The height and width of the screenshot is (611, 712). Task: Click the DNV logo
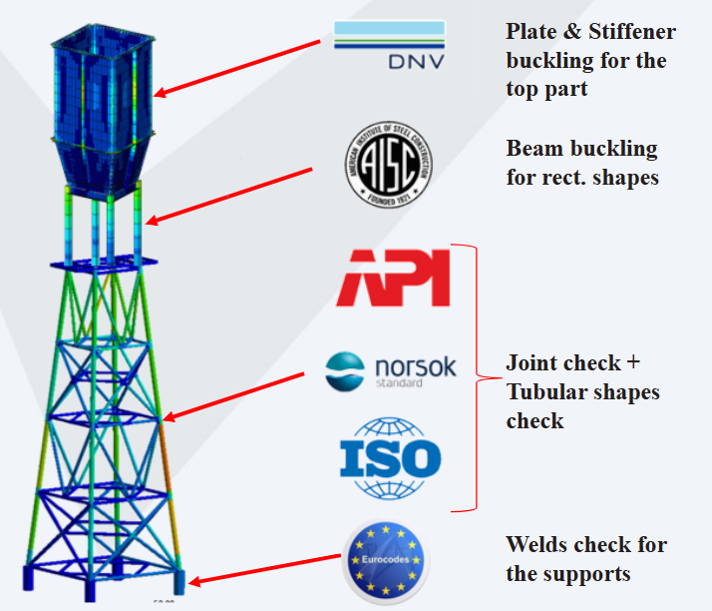(x=389, y=48)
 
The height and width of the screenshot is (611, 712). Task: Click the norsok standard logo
(x=391, y=369)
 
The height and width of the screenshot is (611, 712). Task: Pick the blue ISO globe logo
(x=390, y=458)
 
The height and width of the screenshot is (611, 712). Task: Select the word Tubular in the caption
(x=546, y=392)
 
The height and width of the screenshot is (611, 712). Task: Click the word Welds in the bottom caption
(x=537, y=545)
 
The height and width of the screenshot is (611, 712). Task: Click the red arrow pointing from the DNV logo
(x=239, y=68)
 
